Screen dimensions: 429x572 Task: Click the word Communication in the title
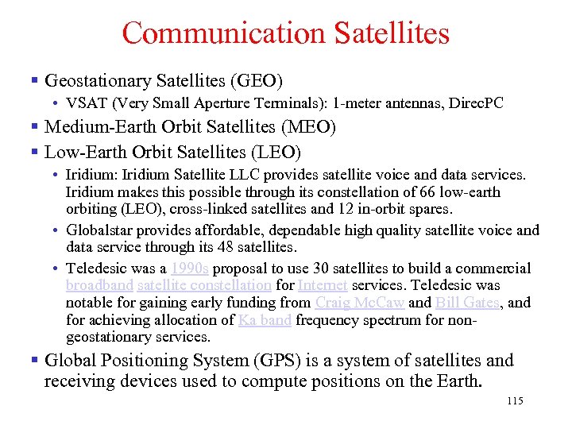pyautogui.click(x=223, y=33)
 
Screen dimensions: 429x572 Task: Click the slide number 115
pyautogui.click(x=514, y=401)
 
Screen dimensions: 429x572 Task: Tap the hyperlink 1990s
pyautogui.click(x=189, y=269)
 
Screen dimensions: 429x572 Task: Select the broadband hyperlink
pyautogui.click(x=99, y=285)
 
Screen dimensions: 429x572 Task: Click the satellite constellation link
pyautogui.click(x=204, y=285)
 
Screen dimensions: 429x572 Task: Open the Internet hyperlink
pyautogui.click(x=323, y=285)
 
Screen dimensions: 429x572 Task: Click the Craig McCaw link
pyautogui.click(x=360, y=303)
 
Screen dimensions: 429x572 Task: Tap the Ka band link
pyautogui.click(x=265, y=320)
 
